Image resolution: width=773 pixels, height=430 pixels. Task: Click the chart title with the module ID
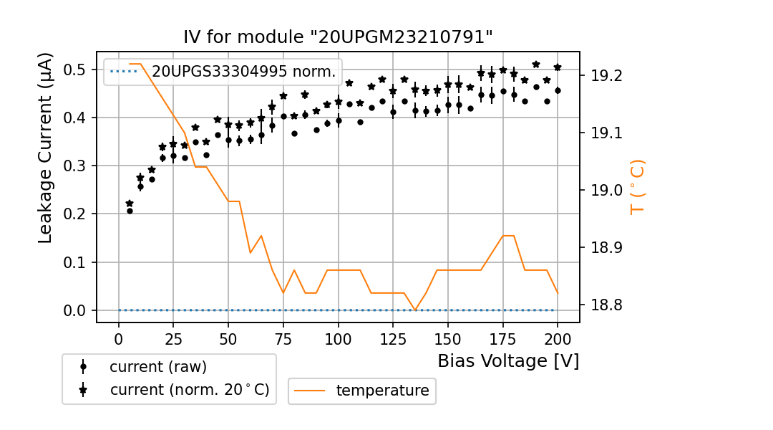point(339,37)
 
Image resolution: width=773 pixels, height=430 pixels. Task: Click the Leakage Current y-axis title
point(46,148)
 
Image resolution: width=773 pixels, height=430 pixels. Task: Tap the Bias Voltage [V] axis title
point(508,360)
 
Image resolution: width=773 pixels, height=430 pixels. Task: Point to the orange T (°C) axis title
point(637,187)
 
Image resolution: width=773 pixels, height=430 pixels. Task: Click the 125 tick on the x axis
point(393,339)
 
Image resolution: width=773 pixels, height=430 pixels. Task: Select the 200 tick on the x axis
point(558,339)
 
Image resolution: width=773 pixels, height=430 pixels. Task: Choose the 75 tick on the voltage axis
point(283,339)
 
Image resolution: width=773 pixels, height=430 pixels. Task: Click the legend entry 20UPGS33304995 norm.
point(243,72)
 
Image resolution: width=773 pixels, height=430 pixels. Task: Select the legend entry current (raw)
point(157,367)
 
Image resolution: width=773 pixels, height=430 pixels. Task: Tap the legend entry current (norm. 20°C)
point(189,390)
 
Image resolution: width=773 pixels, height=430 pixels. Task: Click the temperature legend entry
point(382,391)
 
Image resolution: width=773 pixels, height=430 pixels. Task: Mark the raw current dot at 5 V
point(130,211)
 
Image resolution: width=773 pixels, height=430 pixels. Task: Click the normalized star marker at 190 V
point(536,64)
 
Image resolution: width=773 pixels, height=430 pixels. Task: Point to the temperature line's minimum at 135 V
point(415,310)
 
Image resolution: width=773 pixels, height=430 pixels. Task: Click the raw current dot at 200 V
point(558,91)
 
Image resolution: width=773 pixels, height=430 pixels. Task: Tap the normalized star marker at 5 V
point(130,204)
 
